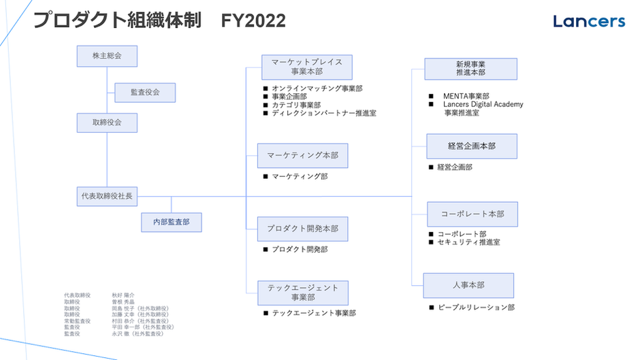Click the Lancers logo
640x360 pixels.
click(589, 21)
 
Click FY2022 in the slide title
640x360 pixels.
click(253, 21)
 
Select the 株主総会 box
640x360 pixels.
click(107, 56)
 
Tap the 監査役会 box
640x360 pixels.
click(144, 93)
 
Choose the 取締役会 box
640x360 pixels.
click(107, 123)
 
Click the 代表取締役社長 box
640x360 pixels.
click(107, 197)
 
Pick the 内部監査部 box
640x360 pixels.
click(171, 222)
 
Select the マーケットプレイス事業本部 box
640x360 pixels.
click(306, 67)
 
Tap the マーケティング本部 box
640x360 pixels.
click(302, 156)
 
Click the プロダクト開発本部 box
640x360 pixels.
click(302, 229)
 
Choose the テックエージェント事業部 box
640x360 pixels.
click(303, 293)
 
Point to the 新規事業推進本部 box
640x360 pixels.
click(470, 69)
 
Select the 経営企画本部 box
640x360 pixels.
click(471, 146)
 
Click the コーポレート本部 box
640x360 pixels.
click(472, 214)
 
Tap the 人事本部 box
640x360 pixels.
click(468, 285)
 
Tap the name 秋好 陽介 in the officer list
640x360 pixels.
click(123, 295)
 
